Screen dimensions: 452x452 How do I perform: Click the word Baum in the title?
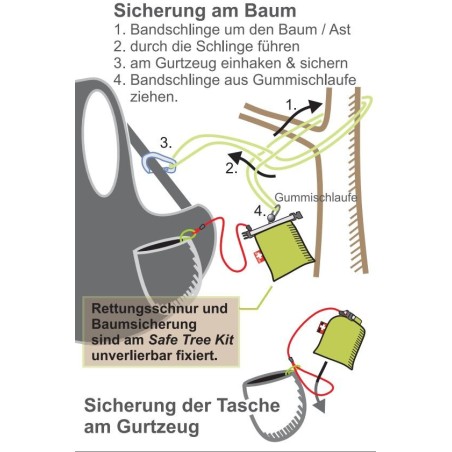tap(270, 11)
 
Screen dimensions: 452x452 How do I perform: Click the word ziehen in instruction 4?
tap(152, 97)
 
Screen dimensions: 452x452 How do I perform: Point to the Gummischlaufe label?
tap(315, 198)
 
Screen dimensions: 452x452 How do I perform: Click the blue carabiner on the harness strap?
tap(158, 163)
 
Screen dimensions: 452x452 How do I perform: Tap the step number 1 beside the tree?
tap(291, 106)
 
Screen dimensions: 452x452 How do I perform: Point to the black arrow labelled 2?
tap(251, 164)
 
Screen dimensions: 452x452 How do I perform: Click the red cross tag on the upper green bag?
tap(259, 257)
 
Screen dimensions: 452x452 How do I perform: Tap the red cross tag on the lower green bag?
tap(323, 326)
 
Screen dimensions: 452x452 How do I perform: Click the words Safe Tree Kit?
tap(191, 340)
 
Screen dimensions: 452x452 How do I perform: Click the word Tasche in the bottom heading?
tap(248, 405)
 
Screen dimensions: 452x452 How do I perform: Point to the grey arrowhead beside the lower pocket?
tap(320, 406)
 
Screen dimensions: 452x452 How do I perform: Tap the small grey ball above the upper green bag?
tap(271, 217)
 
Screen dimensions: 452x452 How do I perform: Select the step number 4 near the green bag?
tap(260, 211)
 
